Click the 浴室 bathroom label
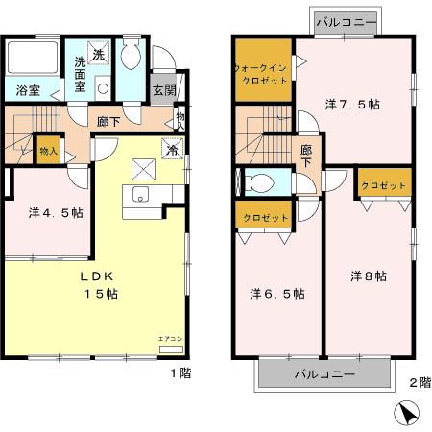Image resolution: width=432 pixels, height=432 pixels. click(28, 92)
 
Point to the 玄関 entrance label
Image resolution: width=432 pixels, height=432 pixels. click(164, 92)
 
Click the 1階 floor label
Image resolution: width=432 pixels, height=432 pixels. click(180, 372)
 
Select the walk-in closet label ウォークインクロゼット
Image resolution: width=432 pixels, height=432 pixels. click(262, 76)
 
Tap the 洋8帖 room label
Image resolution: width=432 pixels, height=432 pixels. click(368, 276)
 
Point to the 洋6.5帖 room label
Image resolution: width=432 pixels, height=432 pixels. click(278, 293)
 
